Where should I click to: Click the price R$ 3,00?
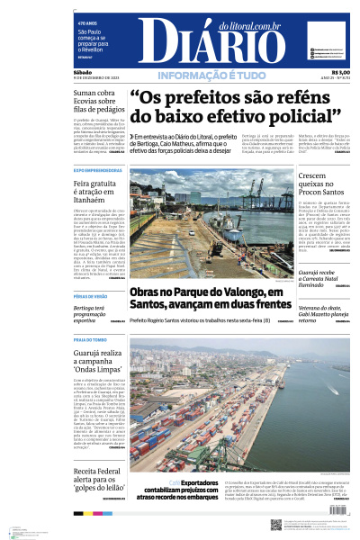click(340, 73)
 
